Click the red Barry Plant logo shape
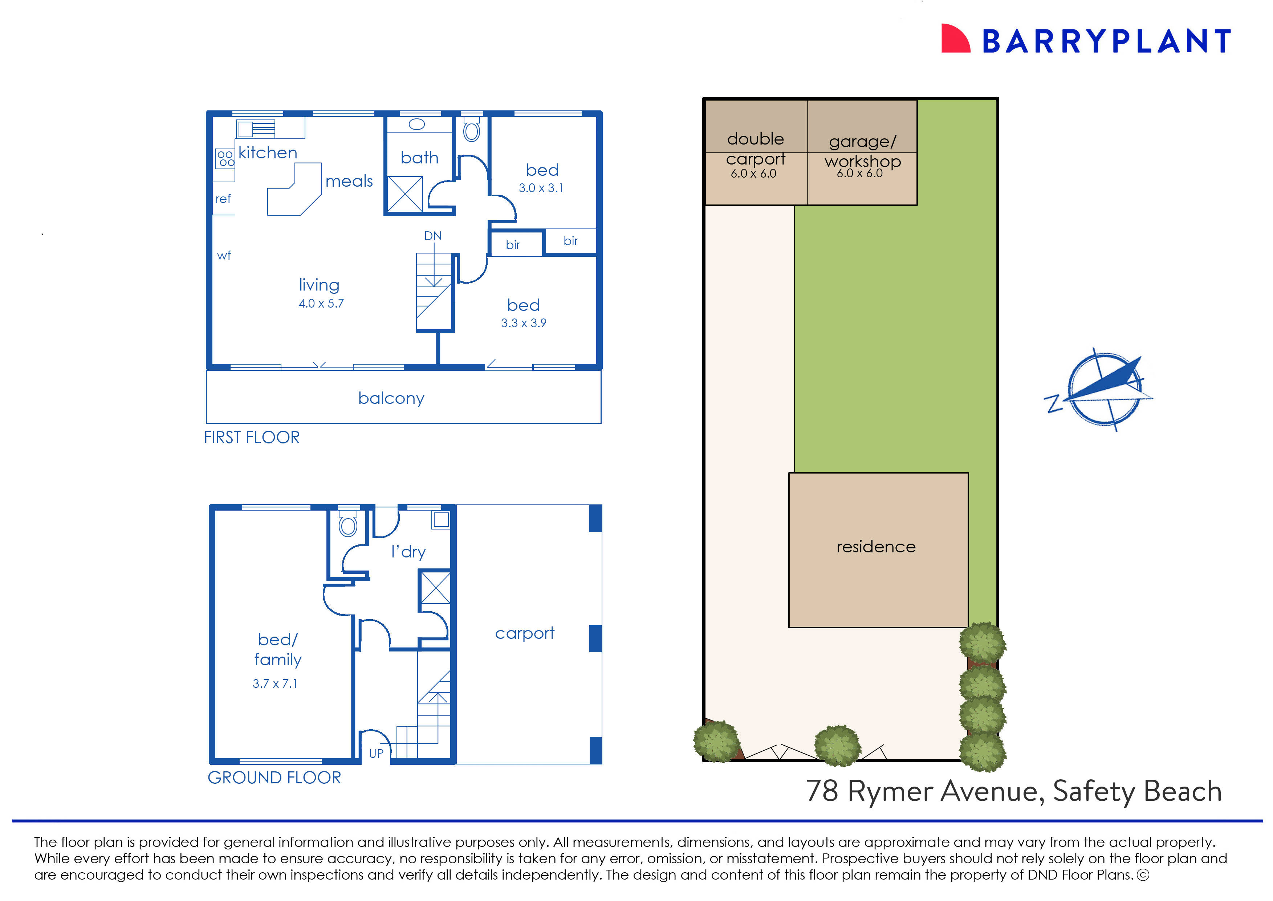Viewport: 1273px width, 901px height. [955, 39]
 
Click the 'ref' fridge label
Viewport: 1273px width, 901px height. [223, 199]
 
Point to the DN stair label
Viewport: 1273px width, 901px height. [433, 236]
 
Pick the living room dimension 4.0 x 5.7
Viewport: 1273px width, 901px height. [321, 304]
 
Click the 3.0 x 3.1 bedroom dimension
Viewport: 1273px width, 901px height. [541, 188]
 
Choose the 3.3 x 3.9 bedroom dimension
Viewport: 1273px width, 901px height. [523, 323]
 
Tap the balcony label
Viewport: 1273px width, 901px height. [391, 398]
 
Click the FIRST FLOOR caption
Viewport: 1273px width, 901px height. [251, 437]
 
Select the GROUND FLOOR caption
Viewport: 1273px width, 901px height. [274, 777]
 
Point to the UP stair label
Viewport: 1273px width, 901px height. [376, 754]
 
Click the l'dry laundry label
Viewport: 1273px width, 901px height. [408, 552]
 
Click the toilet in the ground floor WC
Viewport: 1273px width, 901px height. [348, 524]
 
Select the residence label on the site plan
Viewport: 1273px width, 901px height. [876, 547]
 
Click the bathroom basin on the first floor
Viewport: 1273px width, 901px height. [416, 124]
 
